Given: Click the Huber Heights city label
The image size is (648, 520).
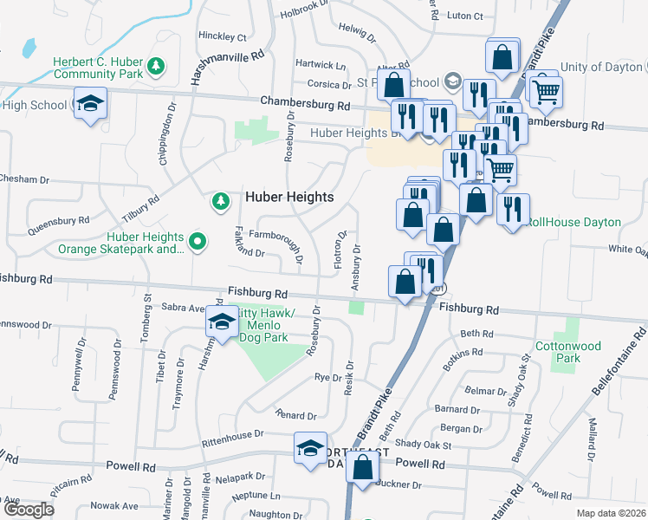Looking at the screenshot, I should click(x=289, y=197).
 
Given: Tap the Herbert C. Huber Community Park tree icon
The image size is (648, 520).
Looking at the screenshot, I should click(x=156, y=65).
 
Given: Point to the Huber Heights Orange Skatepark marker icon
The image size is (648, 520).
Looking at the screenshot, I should click(x=198, y=242).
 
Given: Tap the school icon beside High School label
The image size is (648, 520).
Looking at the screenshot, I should click(x=90, y=103).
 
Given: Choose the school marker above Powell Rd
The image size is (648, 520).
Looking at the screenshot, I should click(x=310, y=447).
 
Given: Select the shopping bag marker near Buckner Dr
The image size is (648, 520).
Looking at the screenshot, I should click(x=364, y=466).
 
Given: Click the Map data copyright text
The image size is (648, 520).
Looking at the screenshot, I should click(x=611, y=513).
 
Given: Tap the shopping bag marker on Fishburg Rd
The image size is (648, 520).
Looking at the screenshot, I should click(x=405, y=282).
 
